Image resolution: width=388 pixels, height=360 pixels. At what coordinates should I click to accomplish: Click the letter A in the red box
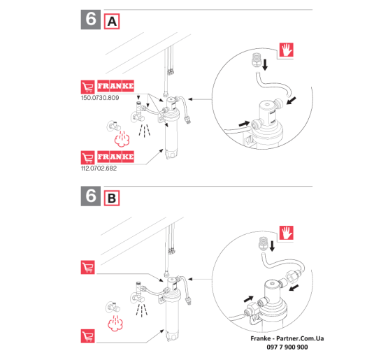[x=112, y=22]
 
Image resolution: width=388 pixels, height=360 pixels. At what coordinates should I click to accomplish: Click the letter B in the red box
[x=112, y=199]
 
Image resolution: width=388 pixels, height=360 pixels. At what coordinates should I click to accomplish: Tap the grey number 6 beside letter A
[x=91, y=20]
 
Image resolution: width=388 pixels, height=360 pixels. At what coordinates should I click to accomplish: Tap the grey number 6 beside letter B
[x=91, y=196]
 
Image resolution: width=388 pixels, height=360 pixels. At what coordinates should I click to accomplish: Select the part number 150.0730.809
[x=100, y=98]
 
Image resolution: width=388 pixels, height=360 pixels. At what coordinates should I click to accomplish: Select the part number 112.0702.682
[x=99, y=168]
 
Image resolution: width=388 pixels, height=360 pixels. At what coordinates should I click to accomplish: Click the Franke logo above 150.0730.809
[x=115, y=86]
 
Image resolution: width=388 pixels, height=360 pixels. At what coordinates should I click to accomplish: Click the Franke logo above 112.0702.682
[x=115, y=157]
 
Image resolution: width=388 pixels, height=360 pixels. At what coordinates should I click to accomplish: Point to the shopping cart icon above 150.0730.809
[x=88, y=87]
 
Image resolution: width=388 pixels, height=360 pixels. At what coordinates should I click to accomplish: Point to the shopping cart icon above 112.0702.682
[x=88, y=157]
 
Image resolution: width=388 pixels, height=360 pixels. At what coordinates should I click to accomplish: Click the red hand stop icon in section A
[x=287, y=50]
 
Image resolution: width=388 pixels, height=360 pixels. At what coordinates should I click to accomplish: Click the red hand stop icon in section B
[x=287, y=233]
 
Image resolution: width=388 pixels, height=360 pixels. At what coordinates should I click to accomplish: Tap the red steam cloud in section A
[x=122, y=139]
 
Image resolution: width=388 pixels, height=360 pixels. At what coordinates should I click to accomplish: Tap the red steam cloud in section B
[x=115, y=324]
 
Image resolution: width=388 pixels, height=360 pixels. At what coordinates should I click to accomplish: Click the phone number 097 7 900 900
[x=287, y=347]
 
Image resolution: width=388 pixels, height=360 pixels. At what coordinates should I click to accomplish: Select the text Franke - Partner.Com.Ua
[x=287, y=338]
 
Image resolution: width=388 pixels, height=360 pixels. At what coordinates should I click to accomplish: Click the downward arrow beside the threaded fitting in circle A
[x=265, y=64]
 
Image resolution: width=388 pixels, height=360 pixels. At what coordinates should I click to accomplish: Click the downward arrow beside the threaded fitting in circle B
[x=272, y=246]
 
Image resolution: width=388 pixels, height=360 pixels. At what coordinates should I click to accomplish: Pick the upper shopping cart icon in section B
[x=88, y=267]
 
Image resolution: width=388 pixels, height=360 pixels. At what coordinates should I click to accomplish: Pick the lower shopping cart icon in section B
[x=88, y=336]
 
